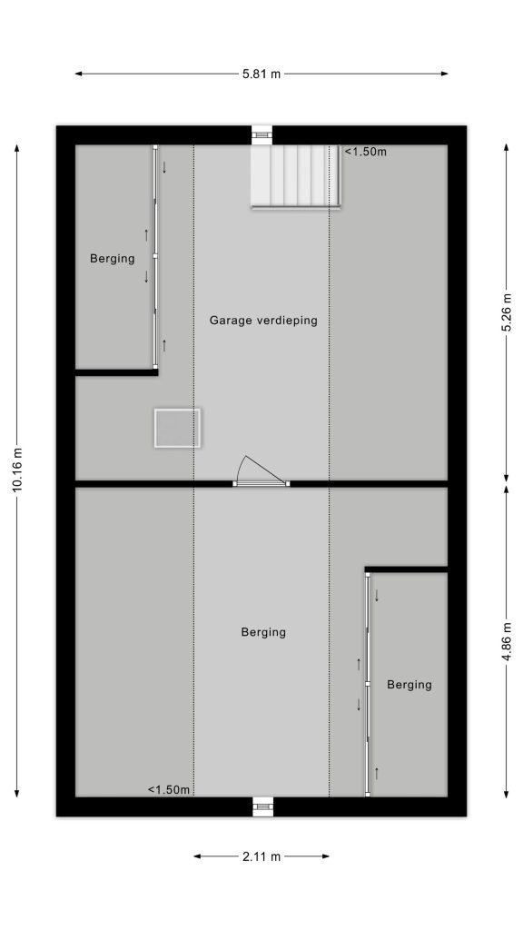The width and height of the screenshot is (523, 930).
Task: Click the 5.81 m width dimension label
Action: click(x=261, y=74)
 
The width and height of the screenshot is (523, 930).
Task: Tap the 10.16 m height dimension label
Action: click(x=16, y=470)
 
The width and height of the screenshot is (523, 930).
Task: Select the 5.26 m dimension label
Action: click(x=507, y=312)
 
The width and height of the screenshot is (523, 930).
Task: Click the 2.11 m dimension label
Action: click(x=261, y=856)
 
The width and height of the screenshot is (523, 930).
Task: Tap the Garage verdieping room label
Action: click(x=263, y=321)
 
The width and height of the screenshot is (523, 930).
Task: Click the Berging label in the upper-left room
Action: click(x=112, y=259)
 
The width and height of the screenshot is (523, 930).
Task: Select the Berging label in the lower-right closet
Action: click(x=410, y=685)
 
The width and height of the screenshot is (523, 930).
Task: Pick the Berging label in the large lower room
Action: click(x=263, y=633)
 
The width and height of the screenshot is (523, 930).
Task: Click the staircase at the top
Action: click(x=296, y=177)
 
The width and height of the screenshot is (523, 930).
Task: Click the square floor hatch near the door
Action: click(x=177, y=428)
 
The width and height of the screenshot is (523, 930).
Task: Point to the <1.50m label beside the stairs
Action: click(x=365, y=152)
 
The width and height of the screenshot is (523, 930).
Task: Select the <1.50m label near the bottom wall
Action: click(x=169, y=790)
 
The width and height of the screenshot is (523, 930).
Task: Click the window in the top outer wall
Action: click(x=261, y=134)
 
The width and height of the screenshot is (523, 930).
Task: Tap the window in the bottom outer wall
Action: click(x=262, y=806)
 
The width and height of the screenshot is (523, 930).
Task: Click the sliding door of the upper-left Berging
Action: click(x=155, y=257)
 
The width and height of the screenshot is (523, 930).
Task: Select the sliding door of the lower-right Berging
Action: click(x=368, y=685)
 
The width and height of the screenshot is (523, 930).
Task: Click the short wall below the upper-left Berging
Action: click(x=116, y=372)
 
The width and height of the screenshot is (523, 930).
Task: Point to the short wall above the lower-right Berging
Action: click(x=406, y=569)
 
